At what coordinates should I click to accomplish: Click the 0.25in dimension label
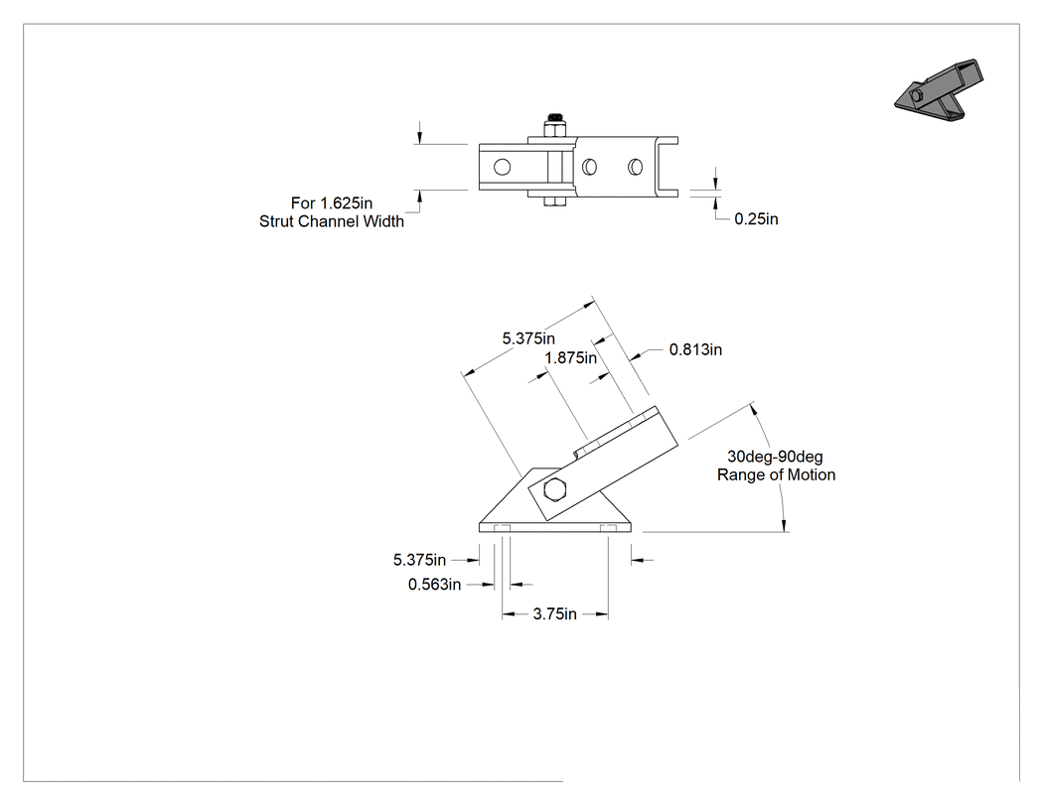(756, 219)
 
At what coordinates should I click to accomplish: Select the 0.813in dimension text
(695, 349)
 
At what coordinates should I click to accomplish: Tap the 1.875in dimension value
(571, 358)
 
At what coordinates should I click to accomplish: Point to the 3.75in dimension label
(554, 614)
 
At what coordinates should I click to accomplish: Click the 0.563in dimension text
(434, 585)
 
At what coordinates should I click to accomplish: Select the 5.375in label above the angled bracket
(528, 338)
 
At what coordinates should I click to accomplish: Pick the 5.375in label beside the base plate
(420, 561)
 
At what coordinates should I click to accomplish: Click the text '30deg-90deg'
(775, 457)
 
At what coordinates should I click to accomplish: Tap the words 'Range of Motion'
(776, 475)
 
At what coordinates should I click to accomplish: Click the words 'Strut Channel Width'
(332, 221)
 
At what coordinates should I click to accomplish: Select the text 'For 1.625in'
(331, 202)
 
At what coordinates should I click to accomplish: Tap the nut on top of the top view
(554, 125)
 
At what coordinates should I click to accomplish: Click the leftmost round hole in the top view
(503, 166)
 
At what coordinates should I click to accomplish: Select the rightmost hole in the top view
(636, 166)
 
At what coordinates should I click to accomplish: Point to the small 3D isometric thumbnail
(939, 91)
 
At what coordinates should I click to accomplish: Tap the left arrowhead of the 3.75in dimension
(508, 614)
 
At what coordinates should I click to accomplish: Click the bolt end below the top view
(554, 201)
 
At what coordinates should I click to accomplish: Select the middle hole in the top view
(589, 166)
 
